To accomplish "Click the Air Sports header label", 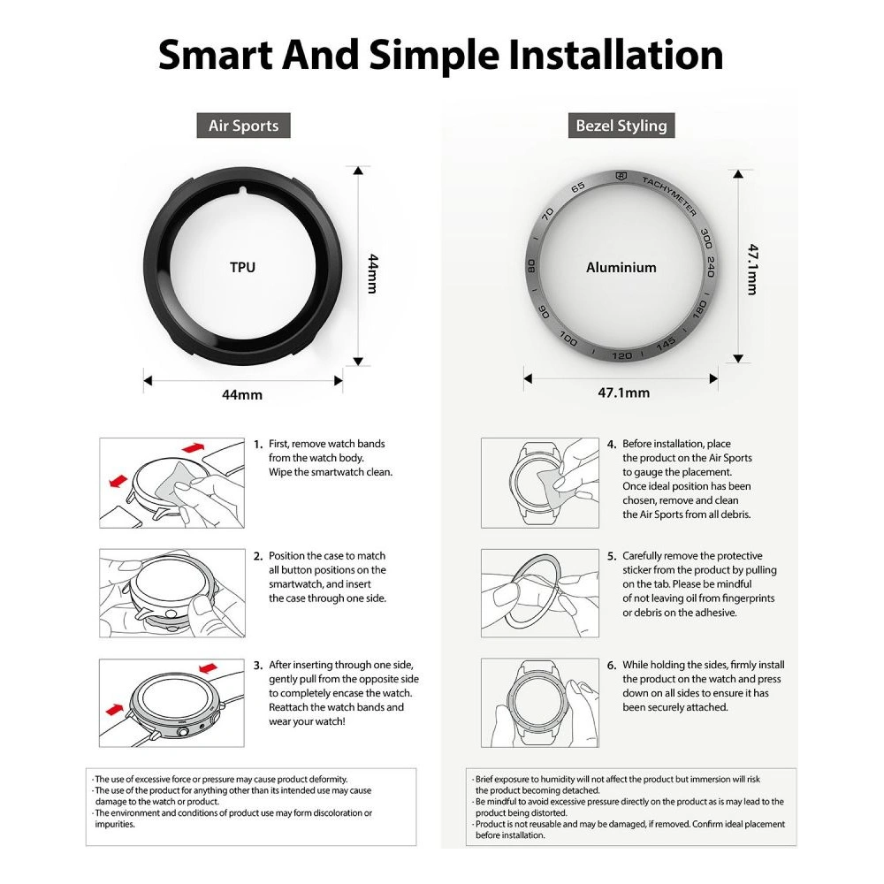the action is coord(244,126).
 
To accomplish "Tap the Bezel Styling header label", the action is coord(621,126).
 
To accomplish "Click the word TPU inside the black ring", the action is coord(242,267).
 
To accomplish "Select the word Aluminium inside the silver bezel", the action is coord(621,267).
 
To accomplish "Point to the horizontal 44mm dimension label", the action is coord(242,394).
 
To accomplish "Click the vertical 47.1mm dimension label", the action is coord(752,270).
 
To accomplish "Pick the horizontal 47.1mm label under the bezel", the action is coord(623,392).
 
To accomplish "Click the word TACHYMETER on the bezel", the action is coord(670,195).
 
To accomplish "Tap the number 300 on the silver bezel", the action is coord(705,238).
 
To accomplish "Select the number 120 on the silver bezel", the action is coord(621,355).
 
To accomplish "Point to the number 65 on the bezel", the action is coord(578,187).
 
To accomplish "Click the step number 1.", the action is coord(257,445).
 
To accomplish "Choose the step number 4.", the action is coord(611,445).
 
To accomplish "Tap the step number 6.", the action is coord(611,666).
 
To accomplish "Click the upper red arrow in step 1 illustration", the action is coord(193,447).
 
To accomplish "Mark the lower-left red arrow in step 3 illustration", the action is coord(114,708).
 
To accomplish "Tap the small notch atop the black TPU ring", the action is coord(242,191).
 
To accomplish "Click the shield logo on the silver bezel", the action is coord(621,177).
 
